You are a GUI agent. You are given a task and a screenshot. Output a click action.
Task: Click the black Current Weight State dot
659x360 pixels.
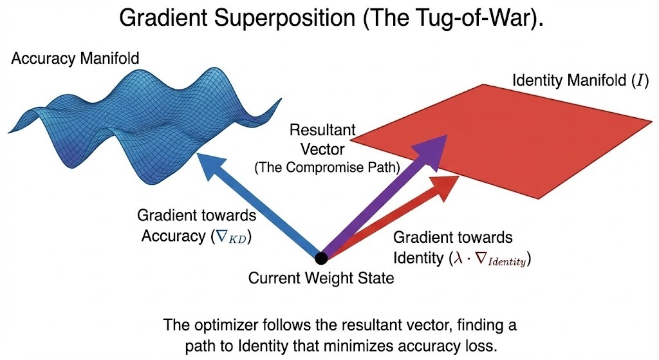coord(321,258)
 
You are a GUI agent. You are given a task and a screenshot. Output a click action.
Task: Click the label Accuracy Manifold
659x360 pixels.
coord(75,59)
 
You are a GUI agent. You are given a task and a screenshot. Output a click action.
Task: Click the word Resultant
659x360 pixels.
coord(322,130)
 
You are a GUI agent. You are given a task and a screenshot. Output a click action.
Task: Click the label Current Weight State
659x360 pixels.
coord(321,279)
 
